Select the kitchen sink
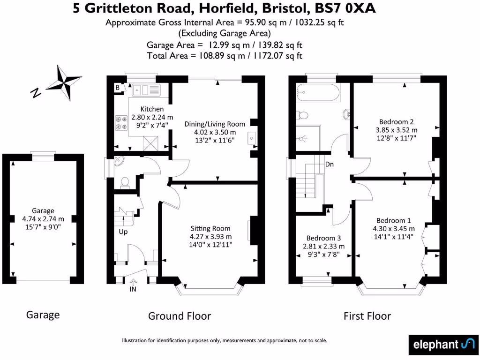click(146, 89)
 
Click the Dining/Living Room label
click(215, 124)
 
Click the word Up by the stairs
click(123, 232)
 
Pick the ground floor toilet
click(125, 182)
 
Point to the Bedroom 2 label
click(396, 121)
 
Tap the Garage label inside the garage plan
click(43, 210)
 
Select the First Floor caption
click(367, 316)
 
